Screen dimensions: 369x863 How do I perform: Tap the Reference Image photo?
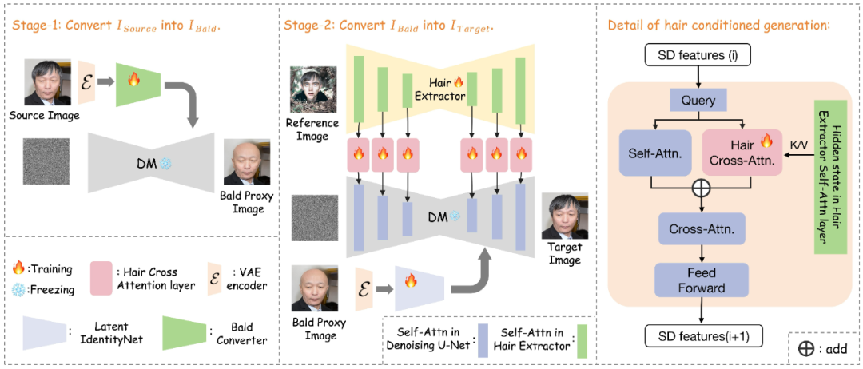pyautogui.click(x=313, y=91)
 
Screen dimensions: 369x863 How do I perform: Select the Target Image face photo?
pyautogui.click(x=565, y=216)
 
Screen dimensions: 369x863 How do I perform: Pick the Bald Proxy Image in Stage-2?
pyautogui.click(x=312, y=292)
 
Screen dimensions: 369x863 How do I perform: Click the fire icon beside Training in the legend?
pyautogui.click(x=19, y=269)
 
